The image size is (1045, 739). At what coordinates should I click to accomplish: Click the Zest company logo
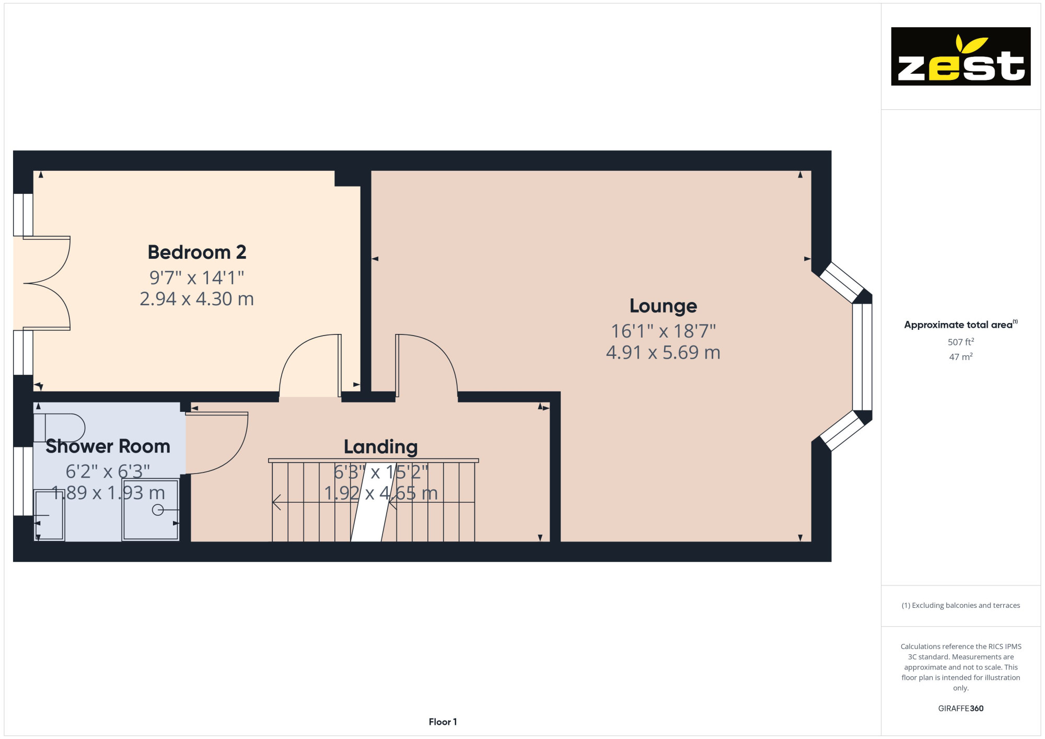tap(960, 56)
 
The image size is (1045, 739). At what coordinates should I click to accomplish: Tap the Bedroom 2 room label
tap(197, 252)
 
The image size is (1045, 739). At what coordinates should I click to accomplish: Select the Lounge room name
tap(663, 306)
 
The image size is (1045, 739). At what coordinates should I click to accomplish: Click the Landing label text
tap(381, 447)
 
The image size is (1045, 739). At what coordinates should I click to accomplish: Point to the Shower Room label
tap(108, 446)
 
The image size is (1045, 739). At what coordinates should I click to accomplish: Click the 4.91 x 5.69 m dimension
tap(663, 353)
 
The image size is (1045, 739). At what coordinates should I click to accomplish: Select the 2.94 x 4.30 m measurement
tap(197, 299)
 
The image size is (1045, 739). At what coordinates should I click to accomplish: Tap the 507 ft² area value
tap(961, 342)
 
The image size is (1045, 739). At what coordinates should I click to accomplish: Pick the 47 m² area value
tap(961, 357)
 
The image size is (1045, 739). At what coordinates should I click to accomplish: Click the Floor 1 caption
tap(443, 722)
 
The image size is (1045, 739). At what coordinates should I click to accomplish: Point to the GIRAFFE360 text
tap(961, 709)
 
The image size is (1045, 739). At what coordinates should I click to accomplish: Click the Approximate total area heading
tap(961, 325)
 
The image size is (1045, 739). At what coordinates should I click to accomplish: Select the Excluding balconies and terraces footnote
tap(961, 605)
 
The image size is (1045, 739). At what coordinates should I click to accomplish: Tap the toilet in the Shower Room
tap(59, 428)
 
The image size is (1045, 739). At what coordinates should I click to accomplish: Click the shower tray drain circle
tap(158, 510)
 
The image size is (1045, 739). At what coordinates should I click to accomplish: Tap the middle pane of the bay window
tap(862, 357)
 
